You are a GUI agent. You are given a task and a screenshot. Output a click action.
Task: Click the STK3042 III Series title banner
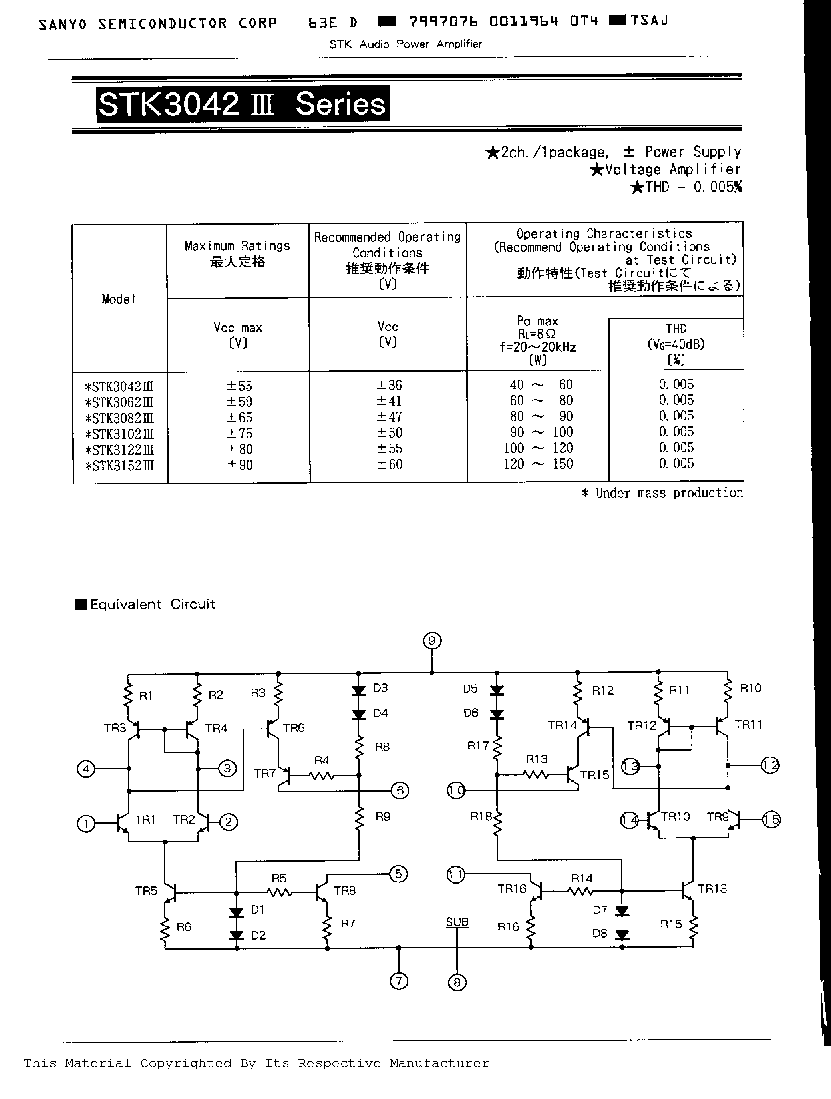click(243, 104)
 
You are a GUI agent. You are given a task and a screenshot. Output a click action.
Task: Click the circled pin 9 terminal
click(431, 641)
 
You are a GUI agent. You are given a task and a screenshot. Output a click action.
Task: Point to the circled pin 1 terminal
click(86, 824)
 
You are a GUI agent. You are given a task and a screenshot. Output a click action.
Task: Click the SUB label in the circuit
click(457, 922)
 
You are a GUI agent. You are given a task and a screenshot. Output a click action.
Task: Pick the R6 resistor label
click(184, 927)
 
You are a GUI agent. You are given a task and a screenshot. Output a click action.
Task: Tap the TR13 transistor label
click(712, 888)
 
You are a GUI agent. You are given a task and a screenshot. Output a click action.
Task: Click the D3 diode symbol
click(359, 691)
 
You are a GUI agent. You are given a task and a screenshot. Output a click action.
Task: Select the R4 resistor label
click(321, 760)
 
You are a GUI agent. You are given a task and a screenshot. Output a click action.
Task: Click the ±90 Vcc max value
click(240, 465)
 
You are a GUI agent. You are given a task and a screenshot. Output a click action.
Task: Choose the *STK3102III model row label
click(120, 434)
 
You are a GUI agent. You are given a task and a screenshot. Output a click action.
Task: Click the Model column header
click(118, 299)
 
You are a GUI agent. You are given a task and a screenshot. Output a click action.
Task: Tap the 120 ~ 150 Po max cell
click(538, 464)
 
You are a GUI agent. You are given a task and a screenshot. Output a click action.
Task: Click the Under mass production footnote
click(663, 492)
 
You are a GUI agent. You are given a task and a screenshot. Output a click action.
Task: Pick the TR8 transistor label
click(345, 890)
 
